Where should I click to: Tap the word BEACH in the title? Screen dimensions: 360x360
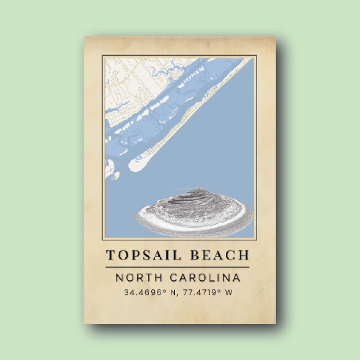click(220, 255)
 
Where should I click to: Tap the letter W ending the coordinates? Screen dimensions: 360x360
click(230, 293)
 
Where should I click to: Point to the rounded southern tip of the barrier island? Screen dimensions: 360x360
click(135, 166)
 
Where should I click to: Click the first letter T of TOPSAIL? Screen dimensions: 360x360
click(110, 255)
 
